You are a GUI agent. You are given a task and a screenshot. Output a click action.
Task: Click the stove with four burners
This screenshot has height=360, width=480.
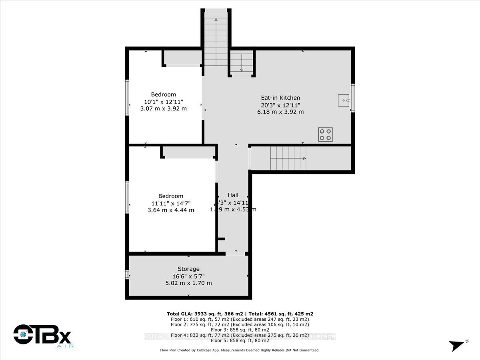point(325,134)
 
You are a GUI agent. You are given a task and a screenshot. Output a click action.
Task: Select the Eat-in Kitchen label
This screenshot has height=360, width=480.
point(280,98)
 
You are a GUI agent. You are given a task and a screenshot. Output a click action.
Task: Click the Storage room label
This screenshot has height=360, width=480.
point(188,269)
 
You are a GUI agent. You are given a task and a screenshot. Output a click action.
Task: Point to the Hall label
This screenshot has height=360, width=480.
point(233,195)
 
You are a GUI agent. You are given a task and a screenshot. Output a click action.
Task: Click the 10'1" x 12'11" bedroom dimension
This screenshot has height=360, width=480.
point(163,102)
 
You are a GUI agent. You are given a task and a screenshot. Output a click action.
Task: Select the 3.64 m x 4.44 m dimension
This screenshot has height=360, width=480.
point(171,210)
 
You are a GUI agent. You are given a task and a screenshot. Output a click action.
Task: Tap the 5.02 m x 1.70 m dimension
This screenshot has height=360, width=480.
point(188,283)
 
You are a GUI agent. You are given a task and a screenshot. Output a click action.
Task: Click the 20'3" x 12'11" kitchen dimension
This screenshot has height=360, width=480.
point(280,105)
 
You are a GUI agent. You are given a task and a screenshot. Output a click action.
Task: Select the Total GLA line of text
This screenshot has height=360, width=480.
point(242,314)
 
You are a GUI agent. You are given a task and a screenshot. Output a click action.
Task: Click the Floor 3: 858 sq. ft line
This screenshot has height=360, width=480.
point(242,330)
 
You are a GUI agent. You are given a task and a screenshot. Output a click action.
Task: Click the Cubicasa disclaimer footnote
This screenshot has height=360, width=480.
point(240,350)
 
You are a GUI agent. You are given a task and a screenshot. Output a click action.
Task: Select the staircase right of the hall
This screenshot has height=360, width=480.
point(288,158)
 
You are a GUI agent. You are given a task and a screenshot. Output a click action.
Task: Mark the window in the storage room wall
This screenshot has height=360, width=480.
point(127,274)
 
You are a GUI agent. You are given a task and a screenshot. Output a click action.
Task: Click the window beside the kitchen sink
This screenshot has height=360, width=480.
point(353,98)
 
